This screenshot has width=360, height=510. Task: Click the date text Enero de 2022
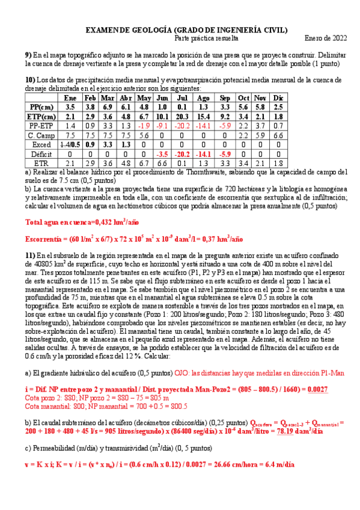point(323,38)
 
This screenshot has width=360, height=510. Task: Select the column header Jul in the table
point(183,97)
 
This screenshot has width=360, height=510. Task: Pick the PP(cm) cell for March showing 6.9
point(108,106)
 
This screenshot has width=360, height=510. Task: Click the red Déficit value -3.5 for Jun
point(162,154)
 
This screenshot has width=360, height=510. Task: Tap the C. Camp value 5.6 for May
point(144,135)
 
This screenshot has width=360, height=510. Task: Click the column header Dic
point(278,97)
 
